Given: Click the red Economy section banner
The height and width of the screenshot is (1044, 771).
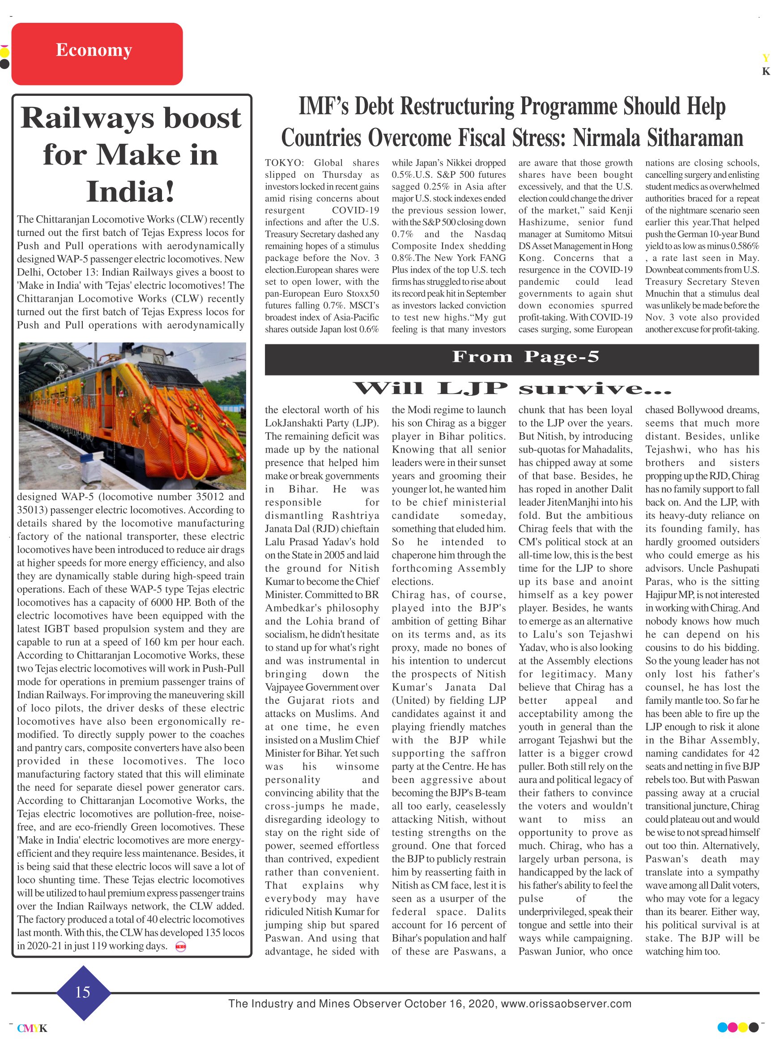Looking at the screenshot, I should tap(97, 54).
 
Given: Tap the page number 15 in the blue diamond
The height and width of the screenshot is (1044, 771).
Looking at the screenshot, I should tap(83, 992).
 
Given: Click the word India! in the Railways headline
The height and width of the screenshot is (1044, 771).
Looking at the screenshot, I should tap(130, 192).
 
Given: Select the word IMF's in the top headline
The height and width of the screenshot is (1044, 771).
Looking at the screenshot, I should tap(324, 107).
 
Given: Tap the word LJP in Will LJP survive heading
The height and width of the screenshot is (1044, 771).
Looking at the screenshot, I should tap(472, 389).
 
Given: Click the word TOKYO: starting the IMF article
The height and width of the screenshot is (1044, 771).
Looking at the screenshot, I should tap(284, 163).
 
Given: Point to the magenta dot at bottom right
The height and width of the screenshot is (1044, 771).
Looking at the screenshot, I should tap(732, 1027).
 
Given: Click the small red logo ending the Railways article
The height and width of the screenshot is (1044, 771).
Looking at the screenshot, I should tap(180, 947).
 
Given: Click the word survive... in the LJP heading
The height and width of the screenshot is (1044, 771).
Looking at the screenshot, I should tap(595, 389).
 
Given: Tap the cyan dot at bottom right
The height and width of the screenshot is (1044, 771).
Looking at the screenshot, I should tap(722, 1027).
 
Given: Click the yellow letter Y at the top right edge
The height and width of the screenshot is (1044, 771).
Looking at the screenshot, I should tap(765, 58).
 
